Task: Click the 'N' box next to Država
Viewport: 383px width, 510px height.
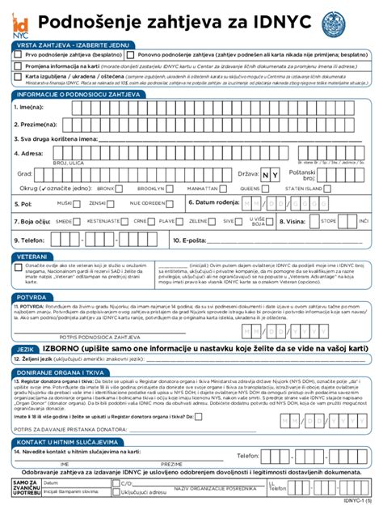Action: point(266,174)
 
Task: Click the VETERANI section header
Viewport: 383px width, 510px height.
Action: point(31,255)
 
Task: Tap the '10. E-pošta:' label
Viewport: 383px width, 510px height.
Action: point(189,240)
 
